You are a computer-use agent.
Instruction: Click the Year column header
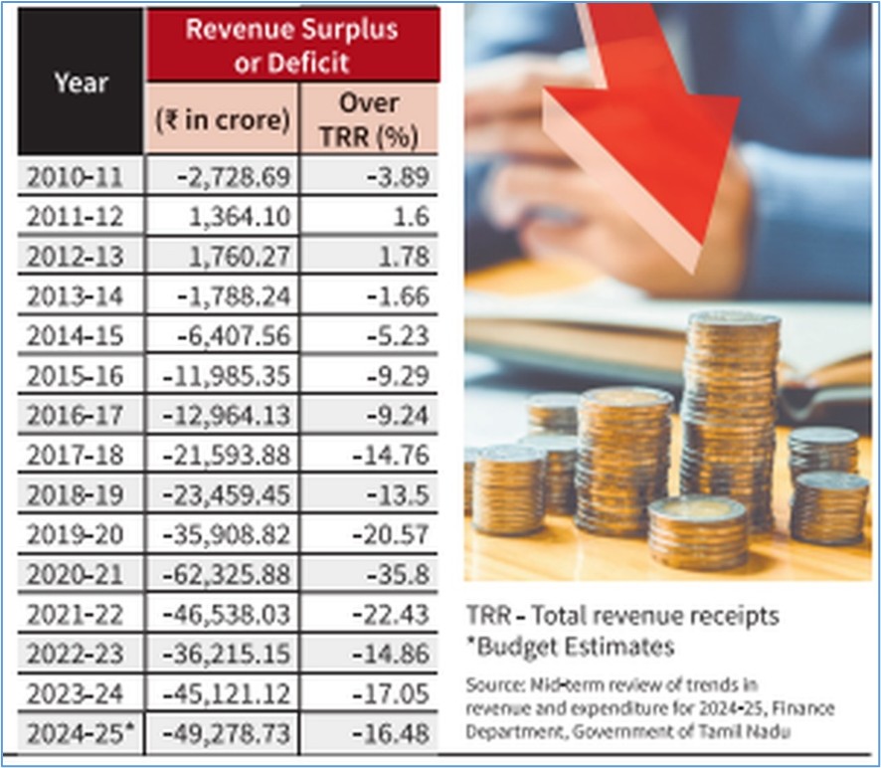(x=81, y=84)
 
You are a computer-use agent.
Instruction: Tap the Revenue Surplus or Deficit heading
(x=292, y=46)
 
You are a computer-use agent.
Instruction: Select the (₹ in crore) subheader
(x=223, y=119)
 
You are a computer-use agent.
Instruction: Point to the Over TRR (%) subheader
(x=369, y=119)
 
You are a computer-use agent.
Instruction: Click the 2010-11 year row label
(x=75, y=177)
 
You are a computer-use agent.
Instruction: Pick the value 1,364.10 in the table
(x=240, y=217)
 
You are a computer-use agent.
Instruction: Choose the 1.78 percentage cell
(x=404, y=257)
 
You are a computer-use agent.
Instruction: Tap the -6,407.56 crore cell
(x=234, y=336)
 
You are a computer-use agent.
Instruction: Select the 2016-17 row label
(x=75, y=416)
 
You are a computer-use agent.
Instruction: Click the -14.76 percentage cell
(x=391, y=456)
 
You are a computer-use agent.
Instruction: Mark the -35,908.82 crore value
(x=227, y=534)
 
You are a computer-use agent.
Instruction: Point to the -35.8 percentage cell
(x=399, y=575)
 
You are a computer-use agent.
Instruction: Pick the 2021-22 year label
(x=75, y=615)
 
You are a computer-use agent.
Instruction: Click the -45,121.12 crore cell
(x=227, y=693)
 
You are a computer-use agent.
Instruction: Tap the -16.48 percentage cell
(x=391, y=734)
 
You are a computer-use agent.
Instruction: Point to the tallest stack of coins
(x=731, y=422)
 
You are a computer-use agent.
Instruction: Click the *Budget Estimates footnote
(x=571, y=647)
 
